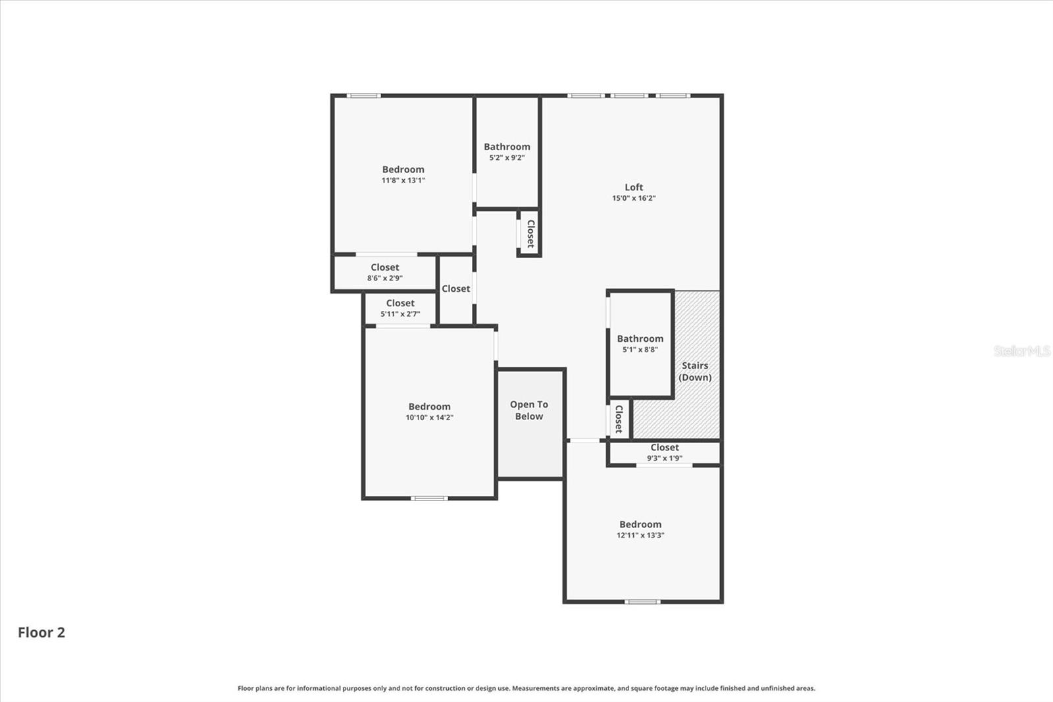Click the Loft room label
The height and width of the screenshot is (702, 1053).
click(634, 187)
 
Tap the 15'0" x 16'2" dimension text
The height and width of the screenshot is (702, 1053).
click(634, 198)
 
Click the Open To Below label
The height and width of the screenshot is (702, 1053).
click(529, 410)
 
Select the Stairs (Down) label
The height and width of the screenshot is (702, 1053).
click(695, 371)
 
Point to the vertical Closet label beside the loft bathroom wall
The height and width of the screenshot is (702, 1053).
click(530, 233)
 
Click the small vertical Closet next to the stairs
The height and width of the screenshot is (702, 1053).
click(619, 419)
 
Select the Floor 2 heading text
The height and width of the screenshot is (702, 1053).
click(41, 632)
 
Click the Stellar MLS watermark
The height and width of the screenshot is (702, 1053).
click(1021, 351)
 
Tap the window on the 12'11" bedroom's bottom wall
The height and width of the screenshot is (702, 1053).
click(642, 601)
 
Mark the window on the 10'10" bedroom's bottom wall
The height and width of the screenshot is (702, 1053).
click(429, 498)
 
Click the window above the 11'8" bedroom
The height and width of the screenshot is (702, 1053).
click(363, 96)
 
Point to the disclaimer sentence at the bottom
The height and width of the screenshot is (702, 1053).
click(526, 688)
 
